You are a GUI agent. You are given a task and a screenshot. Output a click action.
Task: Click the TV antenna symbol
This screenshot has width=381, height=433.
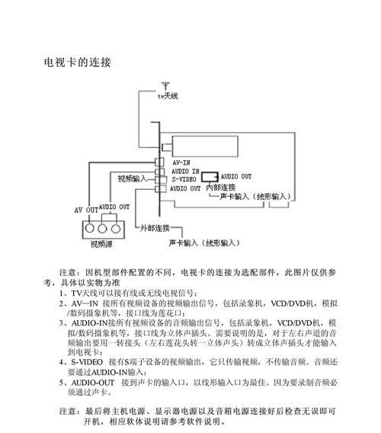point(165,86)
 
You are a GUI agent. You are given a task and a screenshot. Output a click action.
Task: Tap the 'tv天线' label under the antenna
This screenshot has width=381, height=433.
point(168,96)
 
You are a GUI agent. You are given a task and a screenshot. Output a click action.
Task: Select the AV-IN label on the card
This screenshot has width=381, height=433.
point(181,162)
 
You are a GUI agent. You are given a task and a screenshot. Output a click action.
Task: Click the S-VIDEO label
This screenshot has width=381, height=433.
point(184,179)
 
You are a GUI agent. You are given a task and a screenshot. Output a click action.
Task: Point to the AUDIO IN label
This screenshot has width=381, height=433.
point(185,172)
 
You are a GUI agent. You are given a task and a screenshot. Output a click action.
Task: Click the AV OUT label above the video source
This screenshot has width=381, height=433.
point(86,210)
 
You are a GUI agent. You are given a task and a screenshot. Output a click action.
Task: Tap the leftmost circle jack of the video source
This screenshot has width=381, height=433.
point(90,229)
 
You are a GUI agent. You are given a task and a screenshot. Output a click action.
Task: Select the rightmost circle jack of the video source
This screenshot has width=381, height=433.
point(116,229)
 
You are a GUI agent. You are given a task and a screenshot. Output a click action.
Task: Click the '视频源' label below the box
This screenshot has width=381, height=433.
point(101,244)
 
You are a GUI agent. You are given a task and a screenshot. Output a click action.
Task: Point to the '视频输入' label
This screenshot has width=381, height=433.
point(133,178)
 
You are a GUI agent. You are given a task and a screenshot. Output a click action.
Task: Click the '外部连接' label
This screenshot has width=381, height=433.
point(155,228)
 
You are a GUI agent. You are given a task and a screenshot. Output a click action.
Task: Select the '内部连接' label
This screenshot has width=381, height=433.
point(221,188)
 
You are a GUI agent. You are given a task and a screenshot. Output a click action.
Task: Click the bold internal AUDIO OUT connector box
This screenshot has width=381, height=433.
point(210,177)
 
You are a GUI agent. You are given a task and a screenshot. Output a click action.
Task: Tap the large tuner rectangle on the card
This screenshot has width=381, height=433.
point(205,146)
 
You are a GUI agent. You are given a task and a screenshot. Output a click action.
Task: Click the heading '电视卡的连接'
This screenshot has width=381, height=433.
point(77,63)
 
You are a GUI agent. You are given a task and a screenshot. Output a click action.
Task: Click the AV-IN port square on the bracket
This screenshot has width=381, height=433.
point(159,162)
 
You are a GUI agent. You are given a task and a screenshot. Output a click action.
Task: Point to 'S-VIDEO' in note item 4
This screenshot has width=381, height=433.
point(87,362)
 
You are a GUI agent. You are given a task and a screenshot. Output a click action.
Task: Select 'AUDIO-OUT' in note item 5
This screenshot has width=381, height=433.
point(93,383)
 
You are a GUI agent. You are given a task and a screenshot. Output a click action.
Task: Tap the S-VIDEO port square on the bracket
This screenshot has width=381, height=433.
point(162,180)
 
